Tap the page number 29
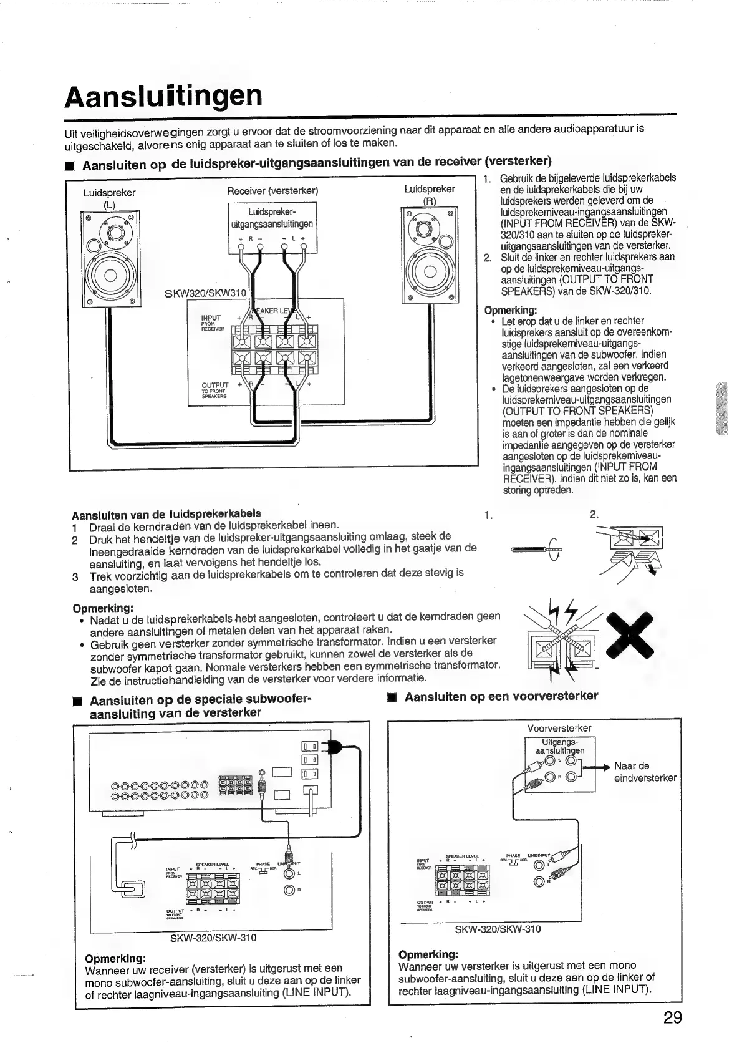(x=672, y=1017)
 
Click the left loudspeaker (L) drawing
(x=110, y=260)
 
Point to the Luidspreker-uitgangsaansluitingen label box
(x=272, y=218)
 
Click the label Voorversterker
(x=559, y=728)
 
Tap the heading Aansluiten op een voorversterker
(x=501, y=696)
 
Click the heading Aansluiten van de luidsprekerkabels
(x=166, y=514)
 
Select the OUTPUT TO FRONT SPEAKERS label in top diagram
(x=214, y=390)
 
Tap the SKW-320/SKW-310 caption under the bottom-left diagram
(x=213, y=938)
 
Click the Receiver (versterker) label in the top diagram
(x=272, y=190)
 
